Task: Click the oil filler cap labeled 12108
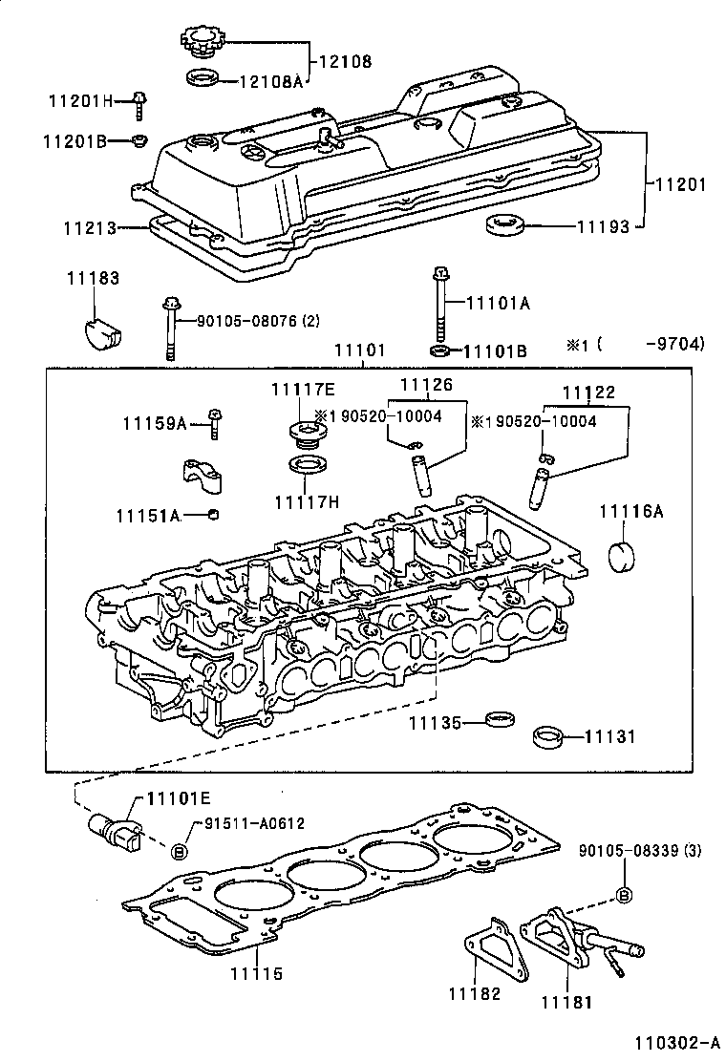(x=202, y=43)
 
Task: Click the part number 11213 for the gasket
(x=90, y=229)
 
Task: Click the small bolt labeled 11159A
(x=215, y=423)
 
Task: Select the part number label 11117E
(x=302, y=389)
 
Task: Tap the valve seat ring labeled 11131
(x=546, y=738)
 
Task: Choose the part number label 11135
(x=436, y=724)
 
